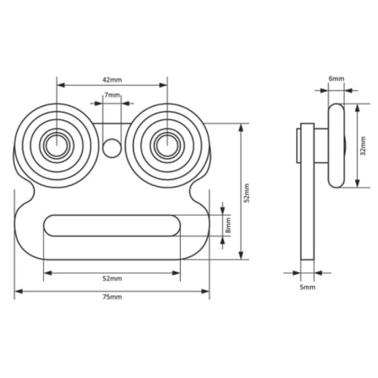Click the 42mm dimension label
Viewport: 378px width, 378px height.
[112, 80]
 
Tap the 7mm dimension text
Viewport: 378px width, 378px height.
[112, 95]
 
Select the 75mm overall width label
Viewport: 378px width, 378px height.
[112, 296]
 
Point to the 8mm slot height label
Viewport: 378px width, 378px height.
[228, 225]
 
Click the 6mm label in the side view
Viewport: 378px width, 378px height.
[336, 79]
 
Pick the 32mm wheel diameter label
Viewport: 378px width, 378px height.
[363, 146]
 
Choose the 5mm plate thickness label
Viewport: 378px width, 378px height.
[308, 288]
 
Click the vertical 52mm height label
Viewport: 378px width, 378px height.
[247, 193]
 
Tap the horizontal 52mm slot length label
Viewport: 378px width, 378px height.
[112, 279]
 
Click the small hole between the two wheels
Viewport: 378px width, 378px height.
[112, 148]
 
